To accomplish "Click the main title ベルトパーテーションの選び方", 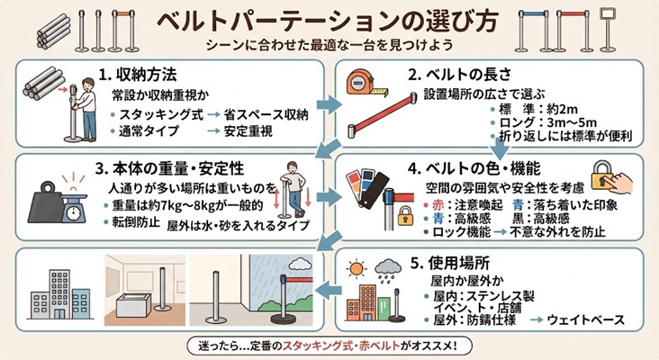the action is [x=329, y=21].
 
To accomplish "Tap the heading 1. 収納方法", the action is [x=138, y=75].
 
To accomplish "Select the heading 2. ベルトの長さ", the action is [x=460, y=75].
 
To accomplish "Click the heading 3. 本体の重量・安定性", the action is [x=169, y=168].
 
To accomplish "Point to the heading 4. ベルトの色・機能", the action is [x=474, y=168].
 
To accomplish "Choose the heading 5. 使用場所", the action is [x=450, y=263].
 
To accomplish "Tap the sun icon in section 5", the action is [x=357, y=268].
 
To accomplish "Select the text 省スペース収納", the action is [x=266, y=114].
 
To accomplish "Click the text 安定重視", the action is [x=248, y=131].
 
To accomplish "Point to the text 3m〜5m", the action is [x=572, y=122].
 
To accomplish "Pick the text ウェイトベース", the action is [x=586, y=320].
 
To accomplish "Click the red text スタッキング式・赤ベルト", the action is [x=341, y=346].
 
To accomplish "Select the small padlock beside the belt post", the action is [x=405, y=215].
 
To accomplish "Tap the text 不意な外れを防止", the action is [x=557, y=231].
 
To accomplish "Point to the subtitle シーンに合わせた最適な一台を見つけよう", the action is [x=329, y=44].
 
